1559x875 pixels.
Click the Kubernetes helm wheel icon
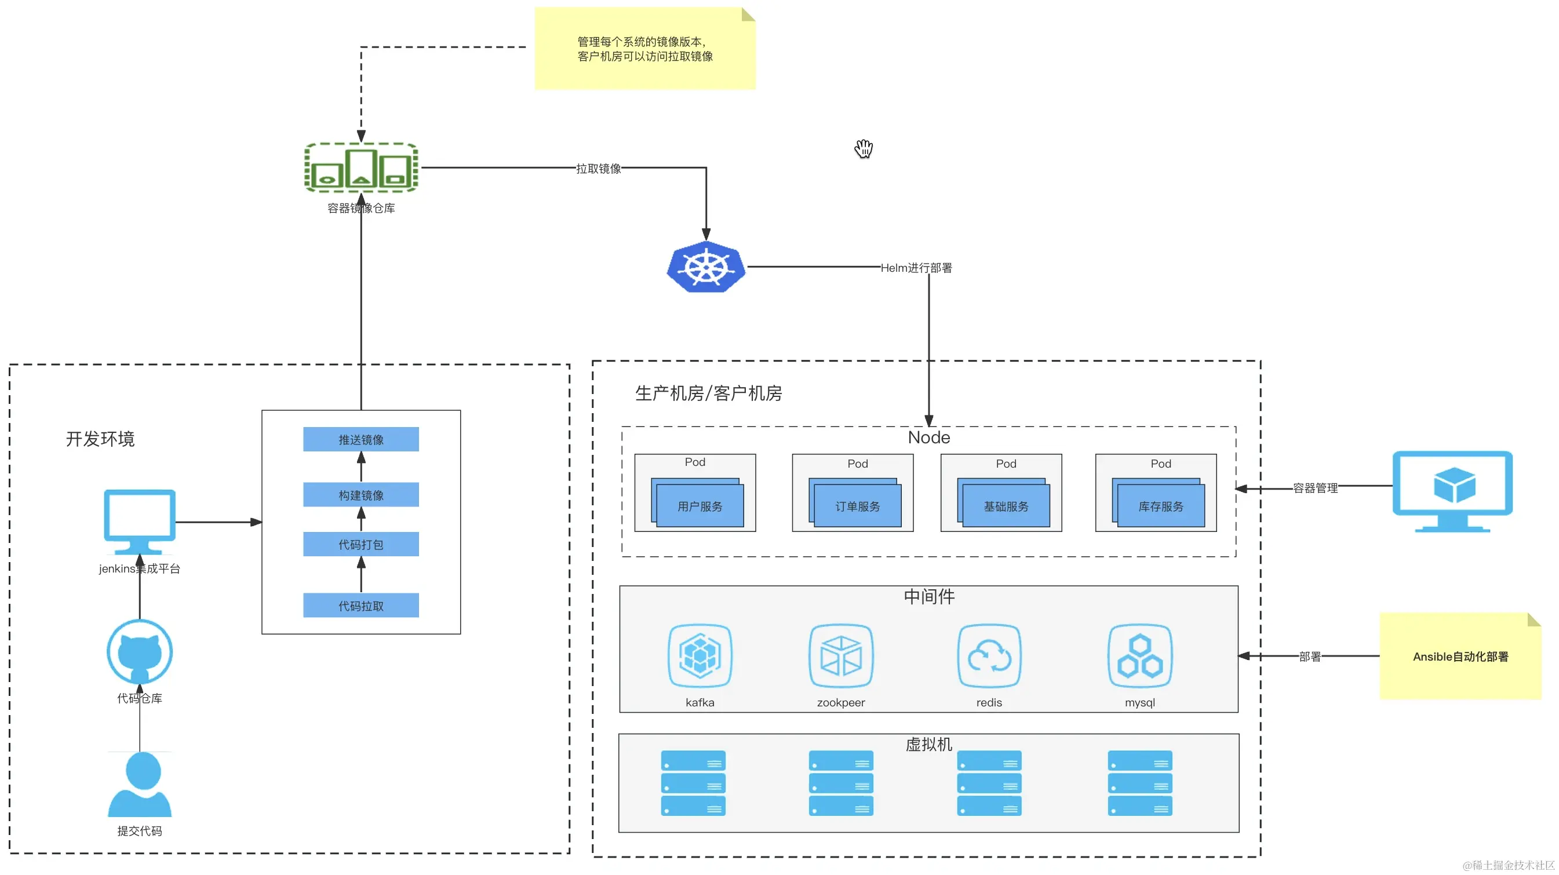pos(706,267)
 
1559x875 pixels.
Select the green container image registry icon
pos(361,167)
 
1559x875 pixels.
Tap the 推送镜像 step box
pos(360,439)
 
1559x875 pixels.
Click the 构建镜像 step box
pos(360,495)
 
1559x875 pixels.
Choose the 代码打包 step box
pos(360,545)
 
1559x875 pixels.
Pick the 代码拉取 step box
pos(360,606)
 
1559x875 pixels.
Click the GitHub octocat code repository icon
pos(140,652)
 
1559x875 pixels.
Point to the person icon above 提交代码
pos(140,784)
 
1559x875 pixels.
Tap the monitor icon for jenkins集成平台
pos(140,520)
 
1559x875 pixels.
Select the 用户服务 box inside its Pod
pos(700,506)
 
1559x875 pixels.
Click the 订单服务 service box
pos(858,506)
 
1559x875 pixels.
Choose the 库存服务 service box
pos(1161,506)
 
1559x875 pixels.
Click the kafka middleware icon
pos(700,656)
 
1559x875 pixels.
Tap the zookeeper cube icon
pos(840,656)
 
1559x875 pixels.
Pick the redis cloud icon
pos(989,656)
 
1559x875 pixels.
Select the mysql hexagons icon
pos(1139,656)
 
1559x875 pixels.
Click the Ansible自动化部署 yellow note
pos(1460,657)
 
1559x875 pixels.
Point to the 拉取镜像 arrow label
pos(599,169)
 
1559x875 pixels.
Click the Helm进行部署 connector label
pos(916,268)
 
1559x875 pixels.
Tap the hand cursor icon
pos(864,148)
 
